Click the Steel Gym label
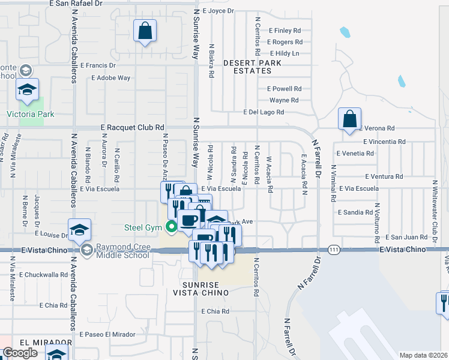coord(144,227)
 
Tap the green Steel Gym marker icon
coord(171,227)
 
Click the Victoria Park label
coord(30,114)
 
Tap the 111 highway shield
coord(334,249)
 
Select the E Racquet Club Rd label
coord(132,127)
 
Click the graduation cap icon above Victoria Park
coord(27,89)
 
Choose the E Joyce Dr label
coord(218,11)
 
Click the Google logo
coord(20,353)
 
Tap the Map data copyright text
coord(423,355)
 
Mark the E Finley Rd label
coord(285,30)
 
